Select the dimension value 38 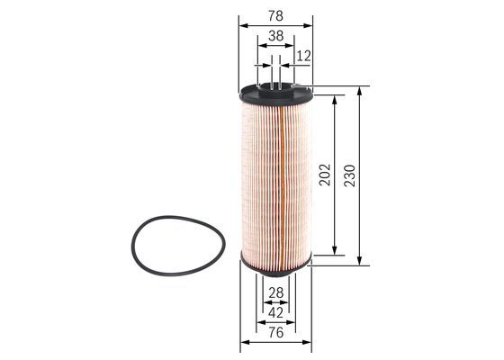point(275,37)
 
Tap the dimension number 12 point(303,56)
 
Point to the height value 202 point(326,174)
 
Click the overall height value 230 point(350,174)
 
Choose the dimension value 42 point(275,312)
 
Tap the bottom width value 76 point(275,333)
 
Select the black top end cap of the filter point(276,91)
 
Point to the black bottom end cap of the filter point(276,262)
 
